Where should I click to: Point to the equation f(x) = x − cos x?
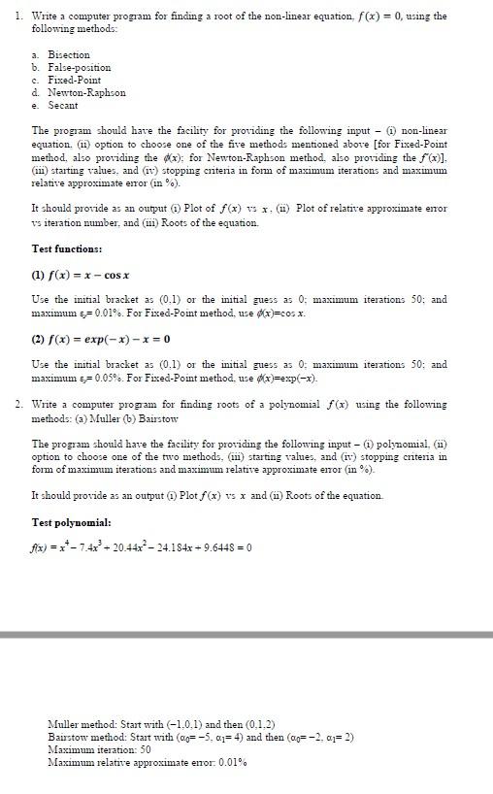(82, 274)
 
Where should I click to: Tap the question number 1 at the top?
(18, 16)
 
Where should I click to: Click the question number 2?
(18, 403)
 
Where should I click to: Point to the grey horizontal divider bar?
(246, 634)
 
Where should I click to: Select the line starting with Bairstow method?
(200, 737)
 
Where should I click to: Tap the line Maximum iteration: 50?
(99, 749)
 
